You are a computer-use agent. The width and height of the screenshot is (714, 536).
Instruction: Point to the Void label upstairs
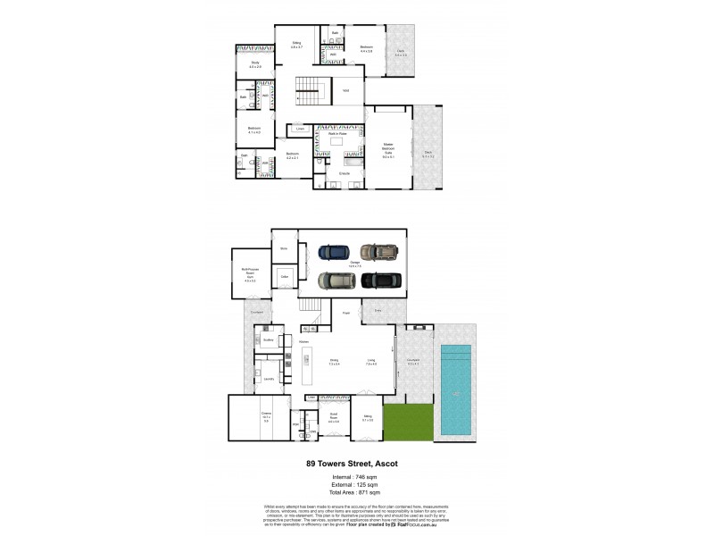pos(345,89)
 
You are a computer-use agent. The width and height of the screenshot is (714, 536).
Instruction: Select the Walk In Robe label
pos(336,133)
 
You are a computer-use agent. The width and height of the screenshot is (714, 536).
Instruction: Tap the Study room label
pos(254,64)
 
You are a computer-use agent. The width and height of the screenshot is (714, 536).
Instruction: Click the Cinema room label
pos(266,416)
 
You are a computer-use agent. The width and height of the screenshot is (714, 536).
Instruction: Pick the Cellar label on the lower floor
pos(286,278)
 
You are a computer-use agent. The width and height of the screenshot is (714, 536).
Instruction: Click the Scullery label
pos(267,340)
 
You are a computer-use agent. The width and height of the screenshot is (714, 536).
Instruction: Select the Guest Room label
pos(334,420)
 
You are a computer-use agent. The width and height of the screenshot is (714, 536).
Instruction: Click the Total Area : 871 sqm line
pos(356,493)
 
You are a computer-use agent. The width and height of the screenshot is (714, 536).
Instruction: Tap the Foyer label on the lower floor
pos(345,313)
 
